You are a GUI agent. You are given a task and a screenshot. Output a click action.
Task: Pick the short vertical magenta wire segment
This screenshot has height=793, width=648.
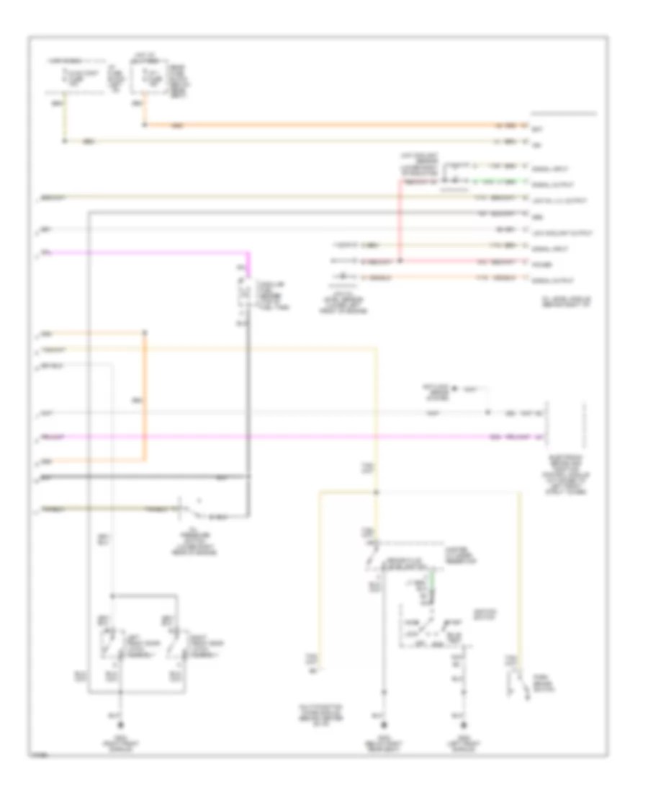(248, 263)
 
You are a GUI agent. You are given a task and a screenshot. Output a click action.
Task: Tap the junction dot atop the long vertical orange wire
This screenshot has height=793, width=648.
(146, 334)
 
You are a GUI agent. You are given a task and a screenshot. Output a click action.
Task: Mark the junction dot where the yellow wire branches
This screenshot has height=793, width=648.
(376, 493)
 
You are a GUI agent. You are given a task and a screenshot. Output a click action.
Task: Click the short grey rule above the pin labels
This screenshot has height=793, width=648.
(563, 114)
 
